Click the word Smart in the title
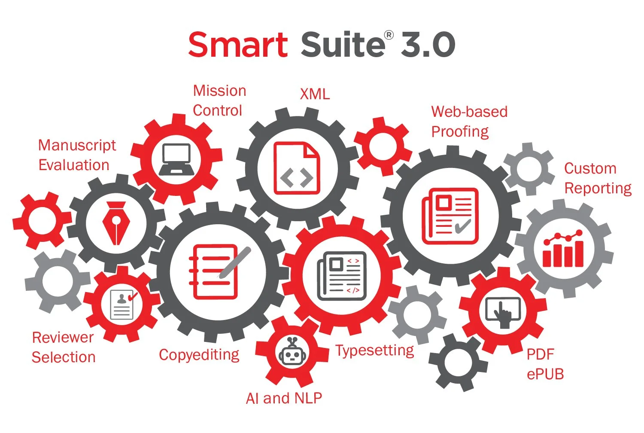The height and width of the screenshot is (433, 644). pos(237,45)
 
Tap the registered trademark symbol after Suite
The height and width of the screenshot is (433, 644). pos(389,35)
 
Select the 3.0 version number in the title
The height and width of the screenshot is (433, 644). pos(428,45)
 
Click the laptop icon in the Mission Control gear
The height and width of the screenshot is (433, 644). pos(176,159)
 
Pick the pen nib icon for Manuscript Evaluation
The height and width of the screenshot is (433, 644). pos(116,223)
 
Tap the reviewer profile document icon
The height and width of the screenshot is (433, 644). pos(122,304)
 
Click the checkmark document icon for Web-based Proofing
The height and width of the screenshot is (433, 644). pos(450,216)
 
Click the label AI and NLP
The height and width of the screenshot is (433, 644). pos(284,398)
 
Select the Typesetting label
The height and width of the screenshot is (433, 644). pos(375,351)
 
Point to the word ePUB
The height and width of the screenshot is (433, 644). pos(545,374)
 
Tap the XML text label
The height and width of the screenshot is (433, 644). pos(315,94)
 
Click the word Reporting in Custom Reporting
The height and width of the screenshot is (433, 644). pos(598,188)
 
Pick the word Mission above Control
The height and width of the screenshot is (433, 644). pos(219,91)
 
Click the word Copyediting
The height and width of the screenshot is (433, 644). pos(199,355)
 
